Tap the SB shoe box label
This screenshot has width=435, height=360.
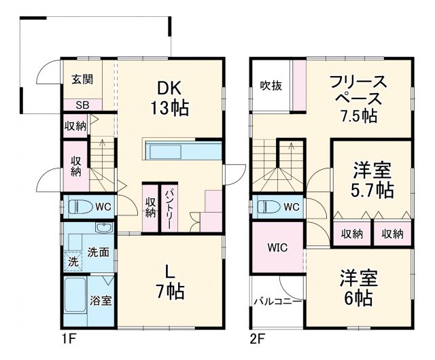point(82,105)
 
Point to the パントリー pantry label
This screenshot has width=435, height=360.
point(168,207)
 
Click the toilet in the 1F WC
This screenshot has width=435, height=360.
point(80,206)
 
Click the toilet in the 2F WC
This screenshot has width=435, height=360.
point(268,206)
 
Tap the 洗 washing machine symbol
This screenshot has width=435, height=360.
point(73,259)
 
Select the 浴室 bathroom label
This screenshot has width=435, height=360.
point(101,300)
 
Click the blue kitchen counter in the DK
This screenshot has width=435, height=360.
point(181,149)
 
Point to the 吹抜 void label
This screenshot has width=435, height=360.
point(271,86)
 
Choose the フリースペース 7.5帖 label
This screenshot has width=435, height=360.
point(358,98)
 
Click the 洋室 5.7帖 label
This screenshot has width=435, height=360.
point(372,179)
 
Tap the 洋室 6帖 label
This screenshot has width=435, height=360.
point(358,288)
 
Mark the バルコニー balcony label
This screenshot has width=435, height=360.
point(277,300)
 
